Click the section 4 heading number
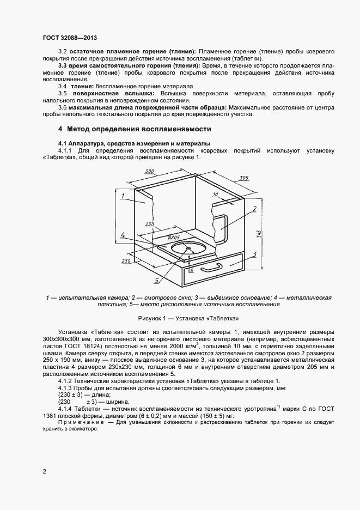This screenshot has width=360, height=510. coord(60,129)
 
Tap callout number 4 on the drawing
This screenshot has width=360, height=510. coord(124,235)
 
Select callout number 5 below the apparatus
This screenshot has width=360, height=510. coord(156,281)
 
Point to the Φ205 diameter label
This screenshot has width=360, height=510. coord(174,238)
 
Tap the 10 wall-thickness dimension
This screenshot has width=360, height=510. coord(216,194)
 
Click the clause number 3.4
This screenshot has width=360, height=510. coord(63,87)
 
